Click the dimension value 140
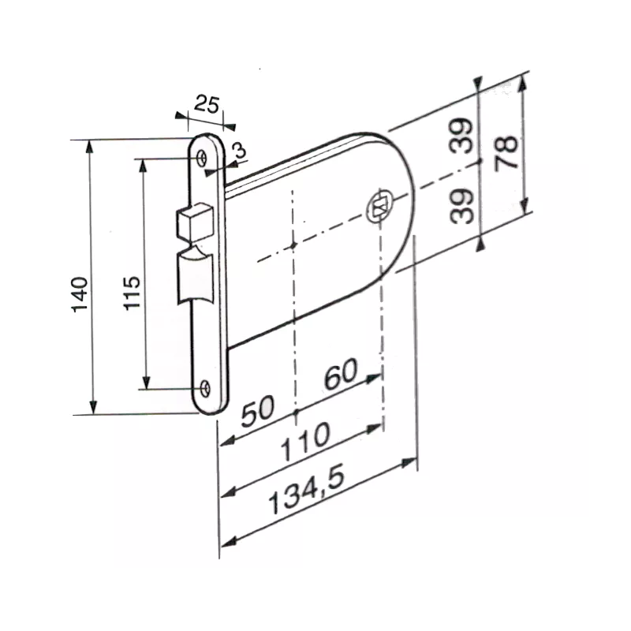[80, 295]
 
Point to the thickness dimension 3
[238, 151]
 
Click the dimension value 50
[257, 413]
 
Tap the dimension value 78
[507, 152]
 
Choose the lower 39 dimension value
[465, 207]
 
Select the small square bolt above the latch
[197, 222]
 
